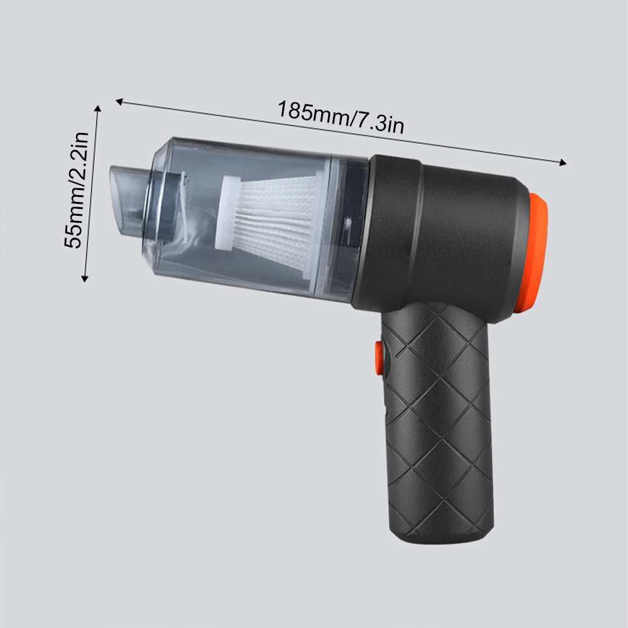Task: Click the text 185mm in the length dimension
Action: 312,112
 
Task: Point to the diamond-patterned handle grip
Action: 439,427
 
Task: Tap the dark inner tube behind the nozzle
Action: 166,207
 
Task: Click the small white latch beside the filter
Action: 347,223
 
